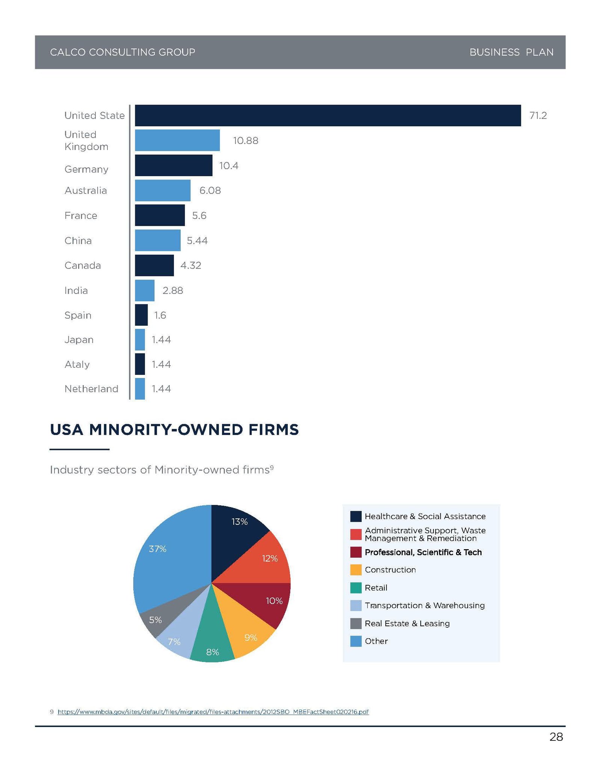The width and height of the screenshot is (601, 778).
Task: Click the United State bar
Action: click(328, 115)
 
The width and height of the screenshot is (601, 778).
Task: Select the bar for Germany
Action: click(174, 165)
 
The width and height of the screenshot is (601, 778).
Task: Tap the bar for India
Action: click(145, 290)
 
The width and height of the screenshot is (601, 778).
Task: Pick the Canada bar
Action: click(154, 265)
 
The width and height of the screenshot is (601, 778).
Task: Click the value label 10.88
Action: click(246, 140)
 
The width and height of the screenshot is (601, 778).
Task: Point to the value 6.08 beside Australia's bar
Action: click(210, 190)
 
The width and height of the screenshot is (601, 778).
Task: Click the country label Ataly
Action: click(77, 364)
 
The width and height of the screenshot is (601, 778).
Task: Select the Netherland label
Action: click(91, 389)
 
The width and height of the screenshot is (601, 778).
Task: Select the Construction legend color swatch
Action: click(355, 570)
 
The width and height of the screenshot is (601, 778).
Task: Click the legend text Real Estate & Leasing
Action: click(407, 624)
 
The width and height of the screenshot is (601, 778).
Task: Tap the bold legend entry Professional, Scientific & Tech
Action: click(423, 552)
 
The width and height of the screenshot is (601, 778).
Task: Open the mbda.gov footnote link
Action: click(213, 712)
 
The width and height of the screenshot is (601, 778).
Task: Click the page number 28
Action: click(556, 737)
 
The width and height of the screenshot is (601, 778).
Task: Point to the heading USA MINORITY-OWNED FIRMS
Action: click(174, 430)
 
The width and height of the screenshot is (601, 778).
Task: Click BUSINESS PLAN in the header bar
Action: click(511, 52)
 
